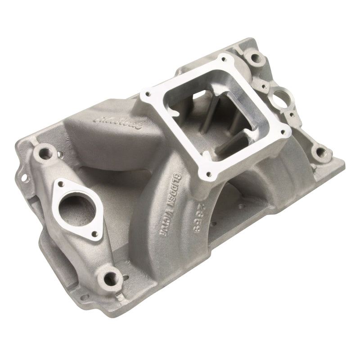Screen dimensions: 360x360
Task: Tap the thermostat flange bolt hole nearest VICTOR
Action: click(95, 234)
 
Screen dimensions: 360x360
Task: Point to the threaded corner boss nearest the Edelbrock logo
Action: click(45, 150)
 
